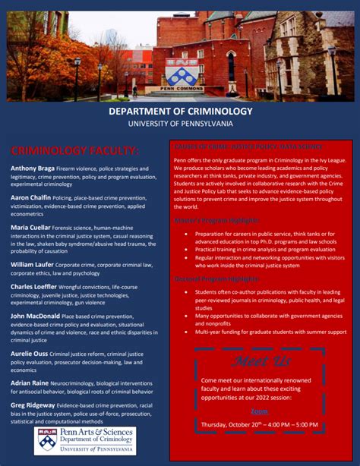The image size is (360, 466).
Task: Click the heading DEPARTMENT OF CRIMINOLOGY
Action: [180, 112]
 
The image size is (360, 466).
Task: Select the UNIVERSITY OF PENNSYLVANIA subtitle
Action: [180, 124]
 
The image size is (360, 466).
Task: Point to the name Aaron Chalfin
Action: [30, 197]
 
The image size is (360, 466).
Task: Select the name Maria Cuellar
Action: [30, 227]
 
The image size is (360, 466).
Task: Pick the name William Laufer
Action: [31, 264]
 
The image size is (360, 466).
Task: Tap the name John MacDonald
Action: [32, 315]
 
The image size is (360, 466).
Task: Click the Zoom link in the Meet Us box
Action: [259, 411]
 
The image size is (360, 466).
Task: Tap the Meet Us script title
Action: [259, 360]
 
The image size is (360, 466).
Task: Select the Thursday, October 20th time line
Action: [259, 423]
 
